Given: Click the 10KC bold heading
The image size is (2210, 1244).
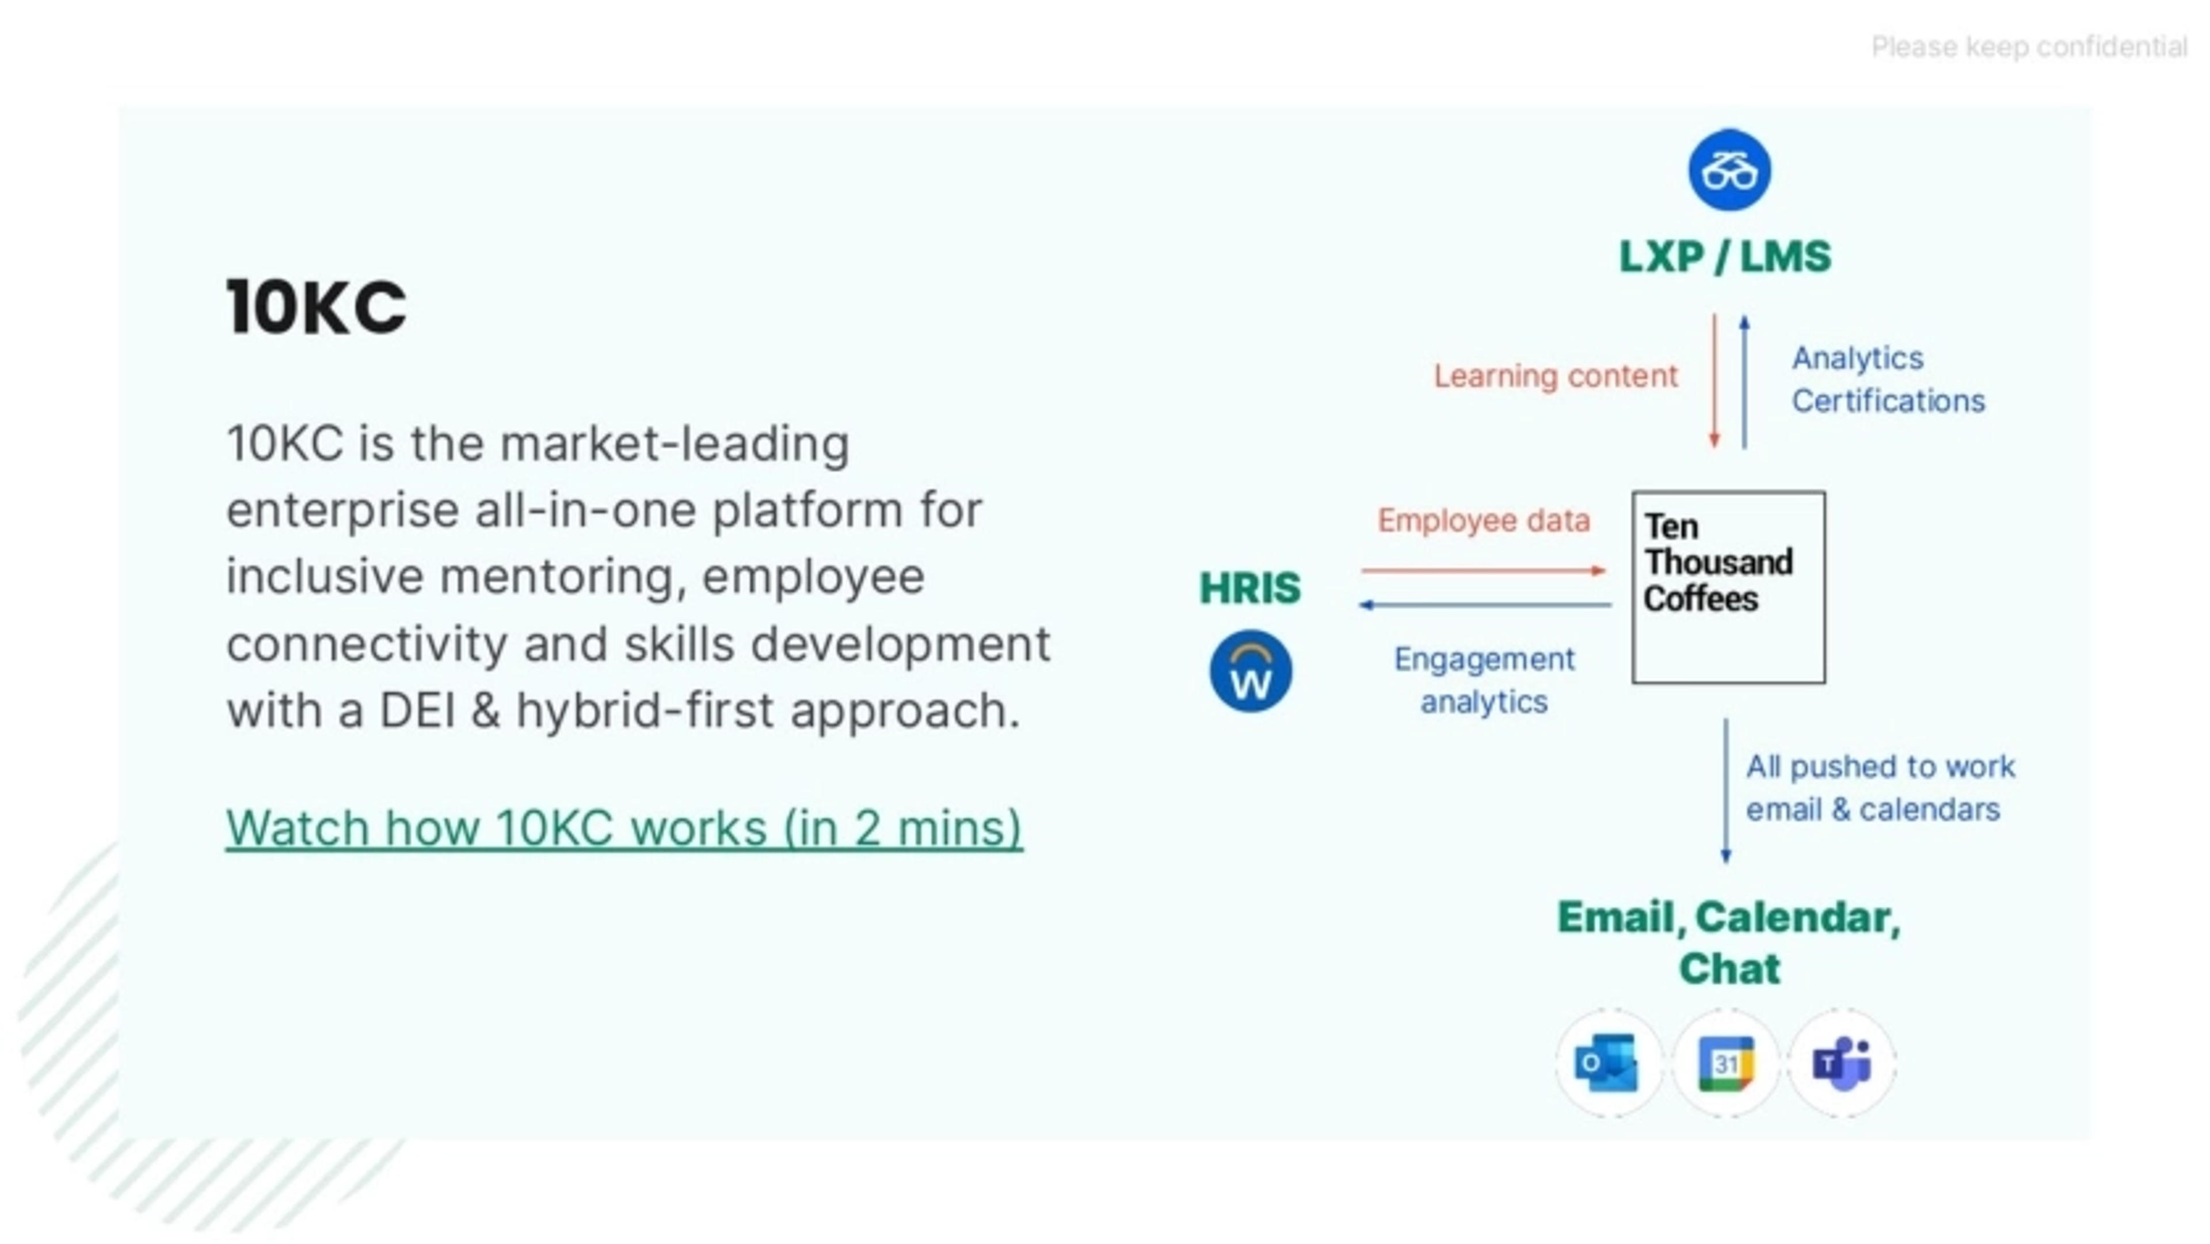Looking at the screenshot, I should [316, 307].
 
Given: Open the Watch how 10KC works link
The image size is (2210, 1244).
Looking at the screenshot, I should [624, 828].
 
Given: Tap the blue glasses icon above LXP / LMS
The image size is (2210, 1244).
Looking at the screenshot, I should [1729, 170].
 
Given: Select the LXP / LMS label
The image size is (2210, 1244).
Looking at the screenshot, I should [1724, 257].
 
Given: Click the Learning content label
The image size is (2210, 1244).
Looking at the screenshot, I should [1554, 376].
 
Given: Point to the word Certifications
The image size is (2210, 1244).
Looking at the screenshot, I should [1888, 400].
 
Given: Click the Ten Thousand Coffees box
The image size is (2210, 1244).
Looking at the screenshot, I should [1728, 587].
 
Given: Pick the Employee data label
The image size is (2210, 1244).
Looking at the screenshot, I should [1483, 521].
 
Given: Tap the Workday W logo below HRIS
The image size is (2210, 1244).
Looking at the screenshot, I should [1250, 671].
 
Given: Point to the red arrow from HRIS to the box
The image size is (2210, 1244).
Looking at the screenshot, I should [1483, 571].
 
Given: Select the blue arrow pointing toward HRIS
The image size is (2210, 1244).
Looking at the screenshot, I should [1484, 605].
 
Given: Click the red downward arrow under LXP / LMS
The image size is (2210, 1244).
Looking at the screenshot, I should [1714, 382].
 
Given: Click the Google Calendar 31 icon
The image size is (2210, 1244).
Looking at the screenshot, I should [1725, 1064].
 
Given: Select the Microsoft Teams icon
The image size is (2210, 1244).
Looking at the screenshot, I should [1841, 1064].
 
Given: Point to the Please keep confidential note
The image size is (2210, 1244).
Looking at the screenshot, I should [2028, 47].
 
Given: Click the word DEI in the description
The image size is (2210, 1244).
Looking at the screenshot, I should [417, 711].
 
